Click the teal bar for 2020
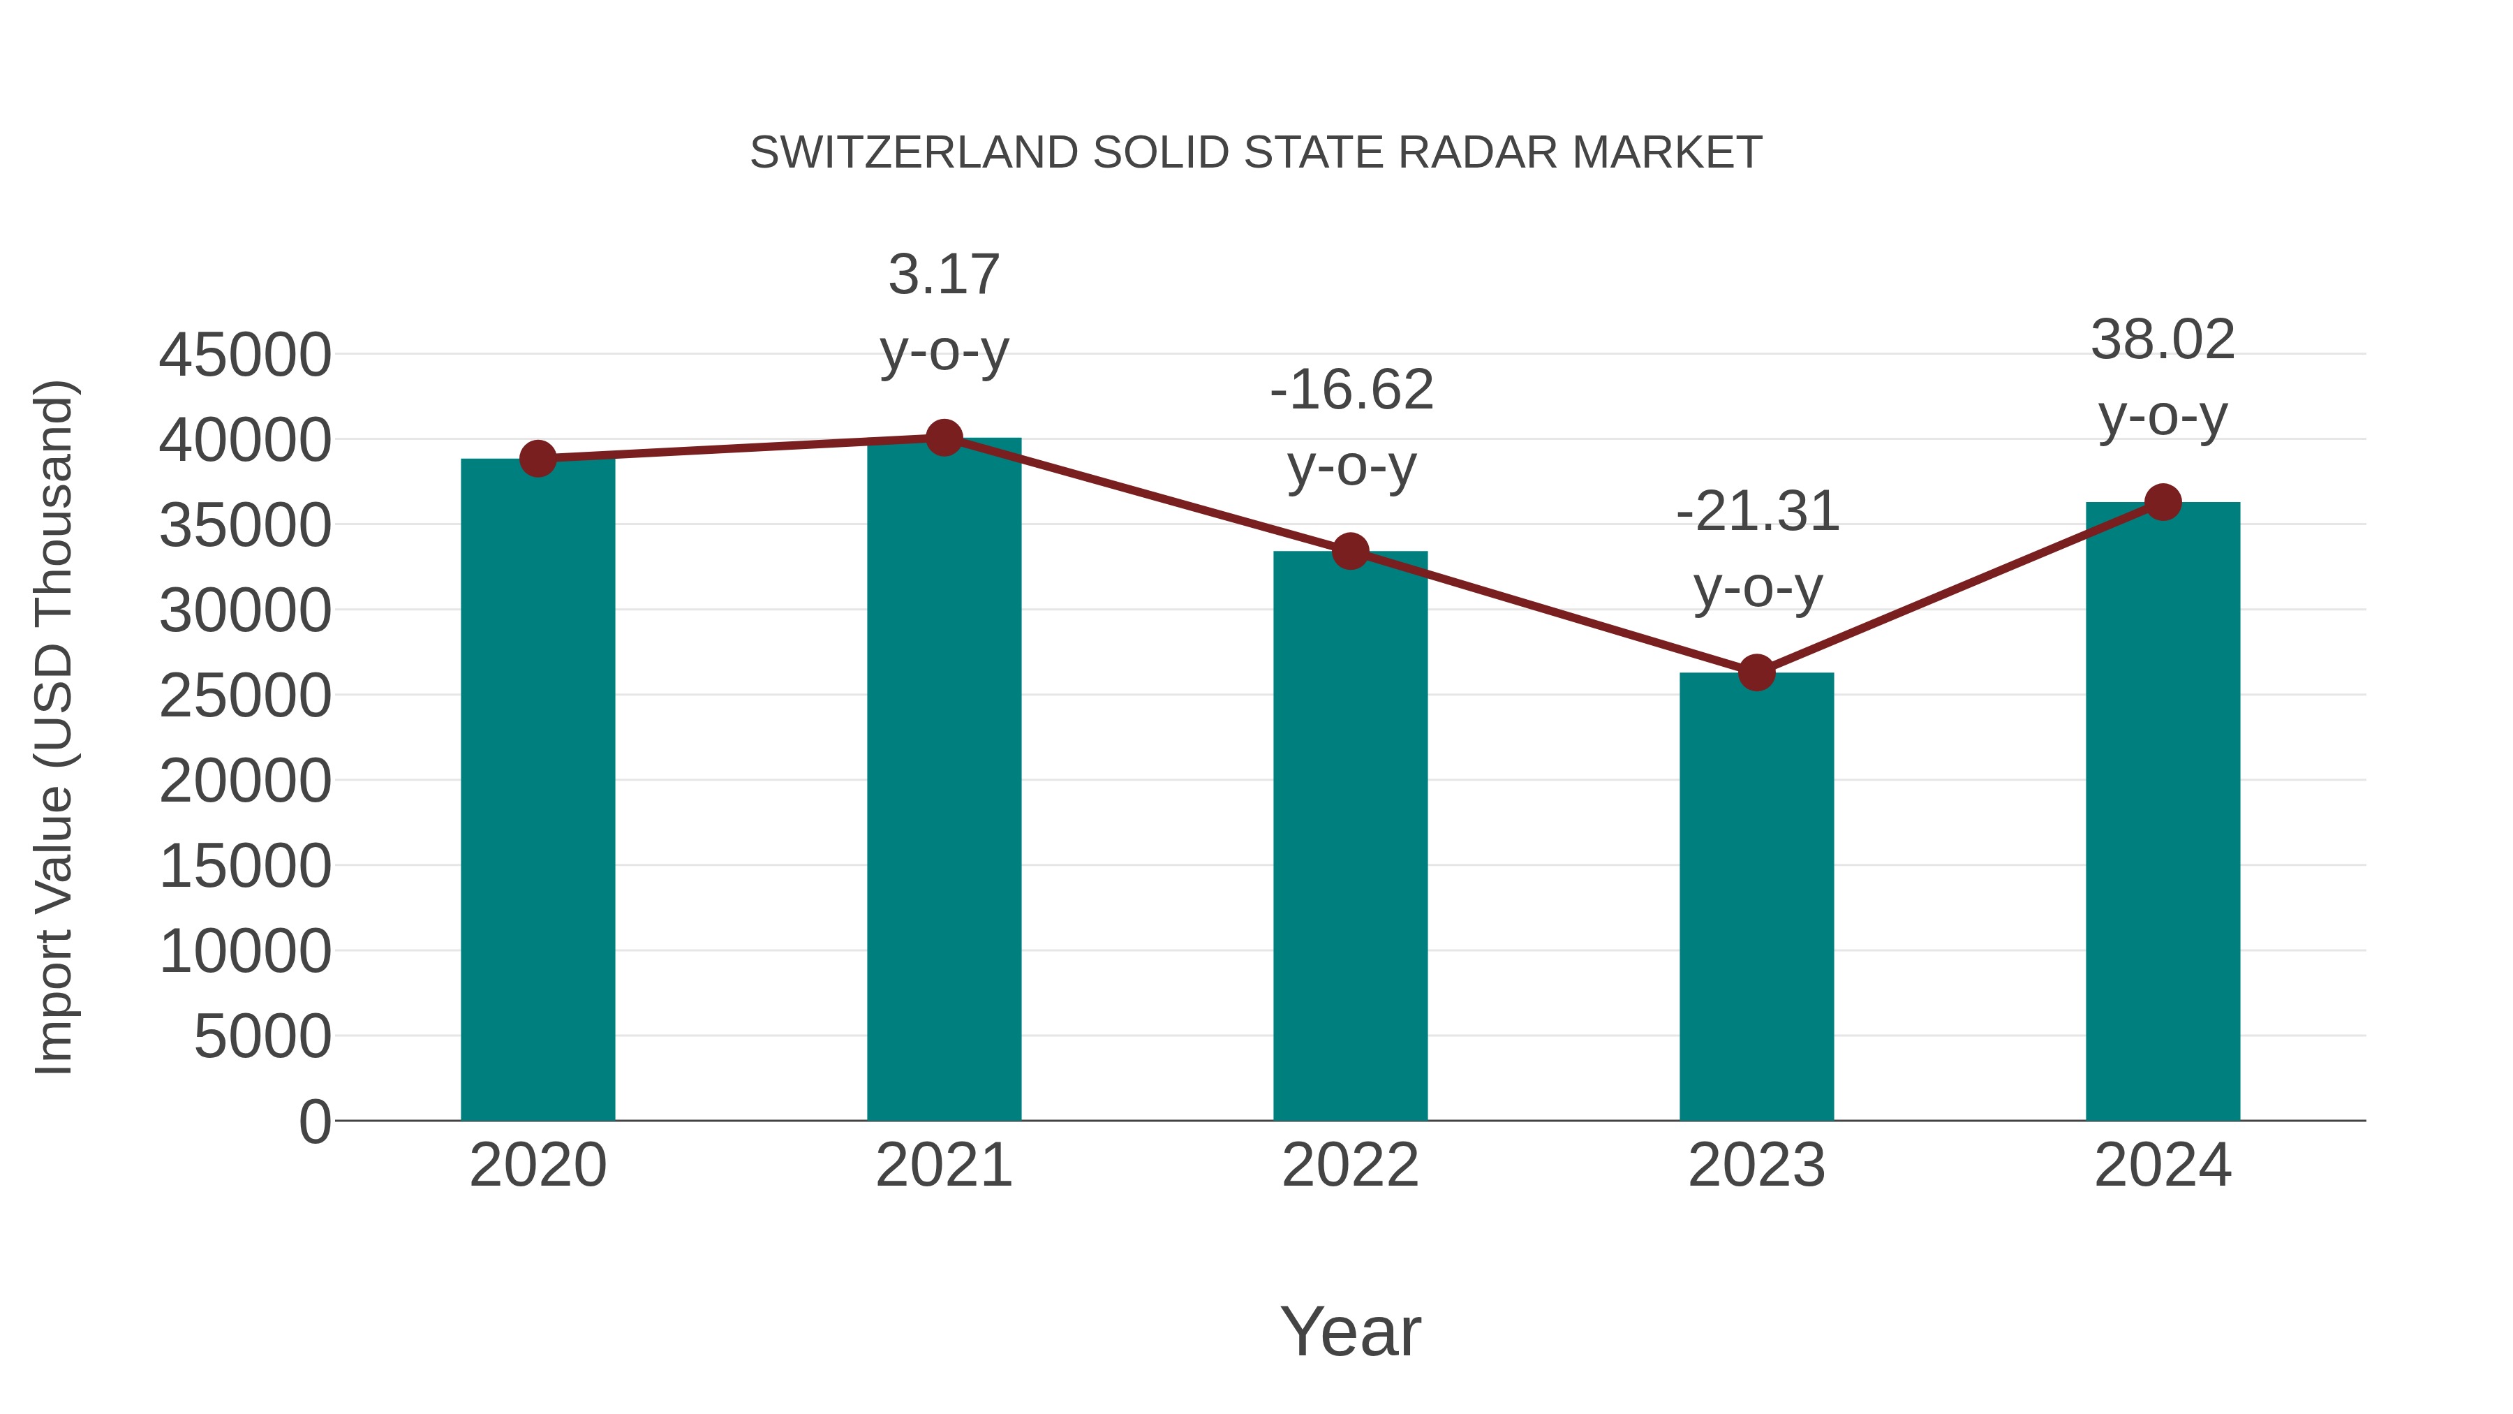[x=538, y=790]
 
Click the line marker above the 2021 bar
[x=943, y=438]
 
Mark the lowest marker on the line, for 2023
[x=1756, y=672]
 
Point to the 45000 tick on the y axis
[x=245, y=355]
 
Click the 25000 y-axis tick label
[x=245, y=697]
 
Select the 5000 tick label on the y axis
[x=262, y=1036]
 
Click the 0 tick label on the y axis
[x=314, y=1121]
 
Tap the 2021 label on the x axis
[x=943, y=1165]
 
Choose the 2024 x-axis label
[x=2163, y=1165]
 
